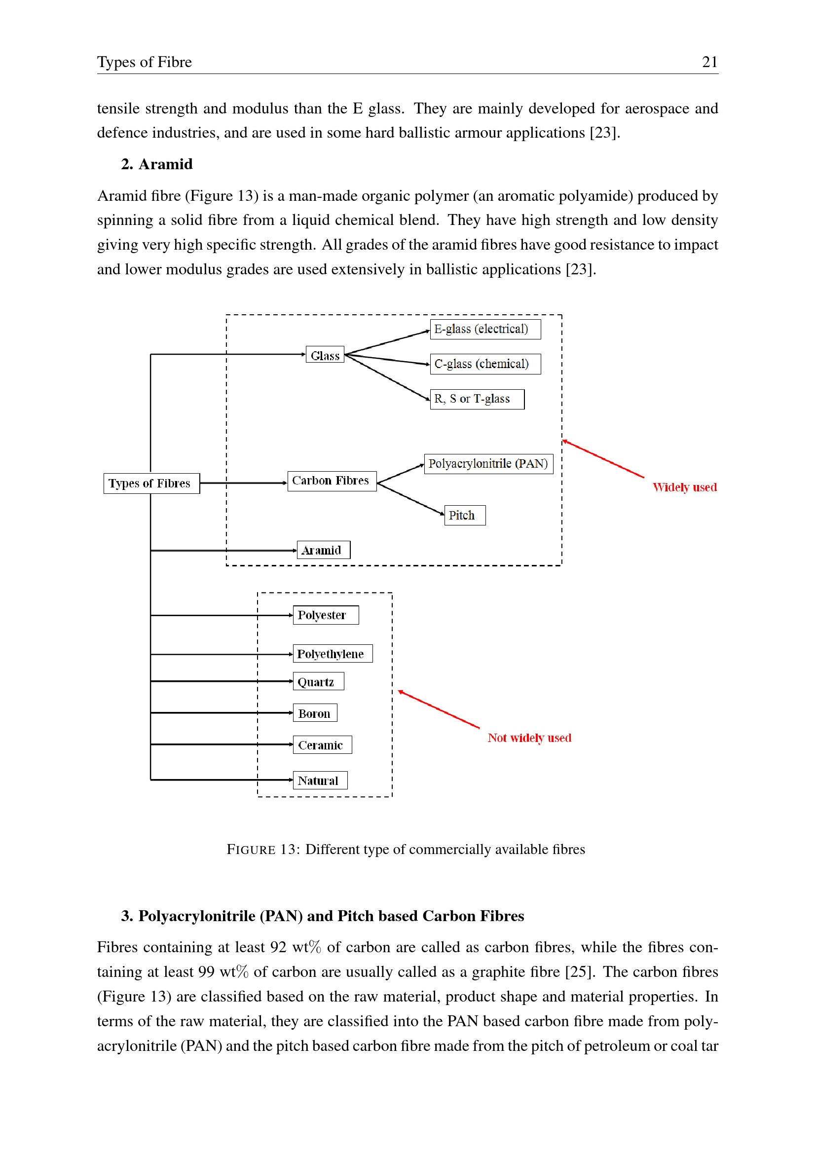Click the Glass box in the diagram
click(x=325, y=354)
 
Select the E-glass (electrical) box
click(x=485, y=329)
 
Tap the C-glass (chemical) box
click(x=485, y=364)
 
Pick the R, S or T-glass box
click(x=478, y=399)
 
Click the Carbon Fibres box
click(x=332, y=481)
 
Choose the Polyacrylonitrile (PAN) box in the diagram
click(x=489, y=463)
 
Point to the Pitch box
click(x=465, y=515)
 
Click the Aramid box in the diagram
click(x=324, y=550)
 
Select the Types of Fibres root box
click(x=152, y=484)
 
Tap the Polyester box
click(x=326, y=615)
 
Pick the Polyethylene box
click(x=333, y=653)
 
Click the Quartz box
click(x=319, y=681)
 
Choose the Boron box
click(x=315, y=713)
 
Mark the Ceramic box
click(x=323, y=745)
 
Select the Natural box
click(x=320, y=780)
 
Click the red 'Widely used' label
click(x=685, y=487)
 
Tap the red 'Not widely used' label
click(x=529, y=738)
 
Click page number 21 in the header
click(x=710, y=62)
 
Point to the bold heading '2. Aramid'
click(x=157, y=164)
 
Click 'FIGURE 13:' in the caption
click(x=264, y=850)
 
